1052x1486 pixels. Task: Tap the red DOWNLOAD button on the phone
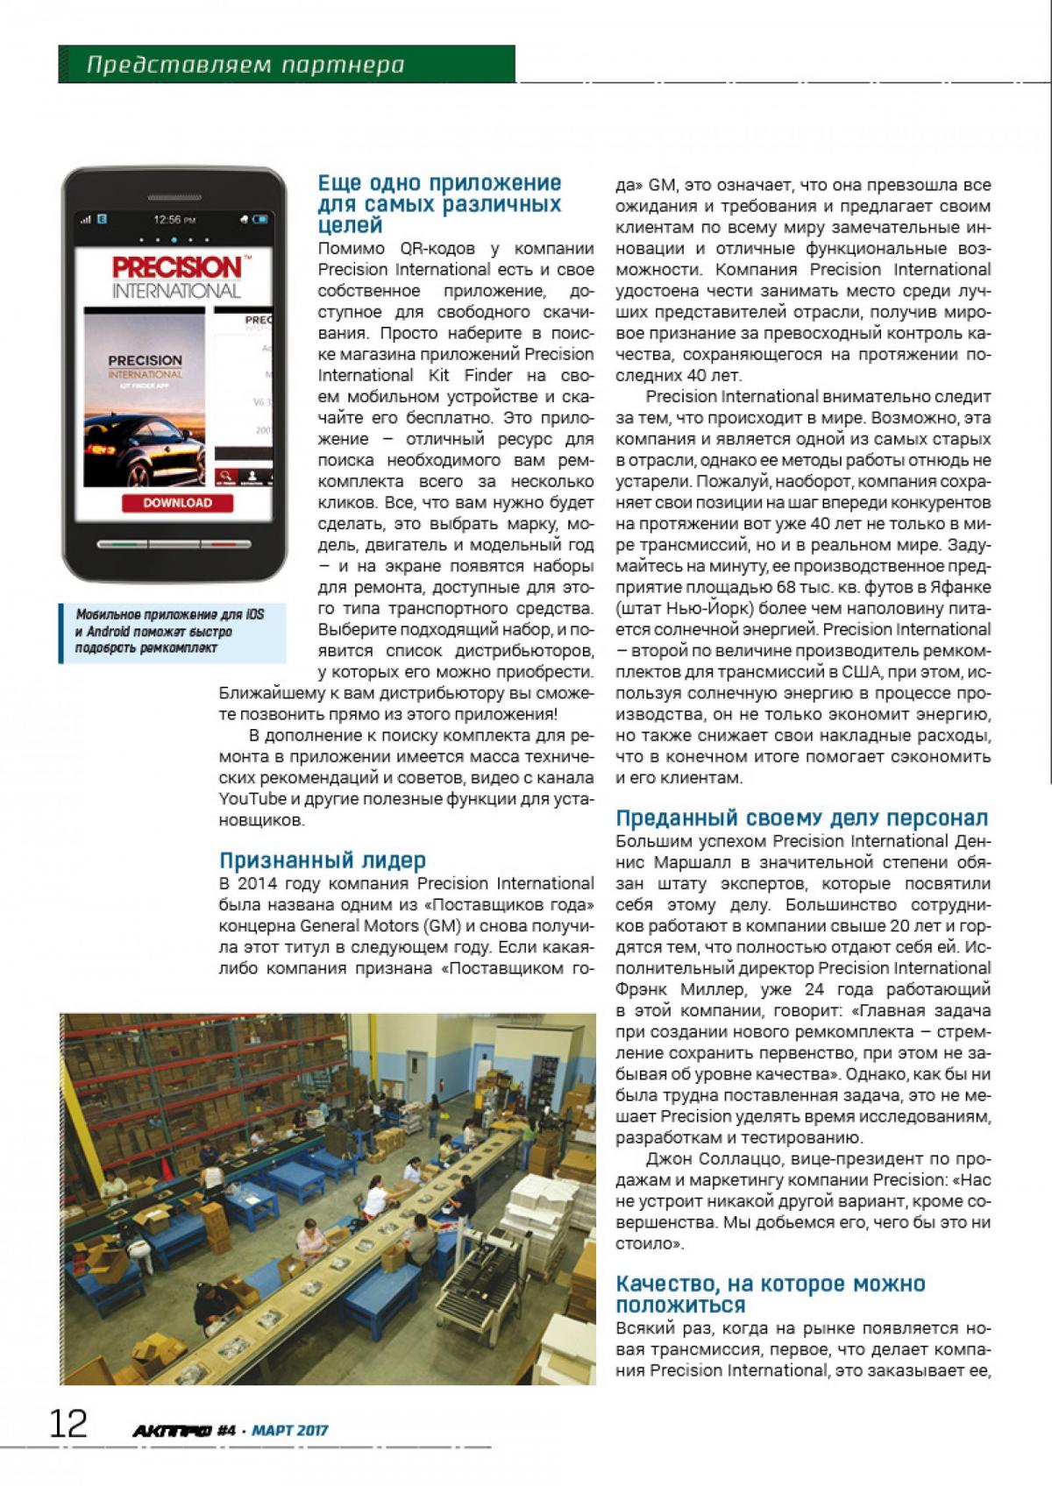click(178, 503)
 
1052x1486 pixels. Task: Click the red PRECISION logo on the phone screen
click(176, 267)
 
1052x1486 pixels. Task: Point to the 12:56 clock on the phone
click(174, 219)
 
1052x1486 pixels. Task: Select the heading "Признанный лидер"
click(322, 860)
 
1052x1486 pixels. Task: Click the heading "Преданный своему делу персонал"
click(801, 818)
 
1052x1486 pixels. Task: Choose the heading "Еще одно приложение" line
click(439, 183)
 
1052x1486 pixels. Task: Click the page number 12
click(68, 1424)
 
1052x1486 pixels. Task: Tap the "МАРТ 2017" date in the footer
click(289, 1431)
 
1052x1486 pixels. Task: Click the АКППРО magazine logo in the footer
click(172, 1431)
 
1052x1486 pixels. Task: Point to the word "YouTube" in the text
click(252, 798)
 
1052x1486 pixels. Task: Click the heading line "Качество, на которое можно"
click(770, 1284)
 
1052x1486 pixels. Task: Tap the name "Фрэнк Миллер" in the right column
click(670, 989)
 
